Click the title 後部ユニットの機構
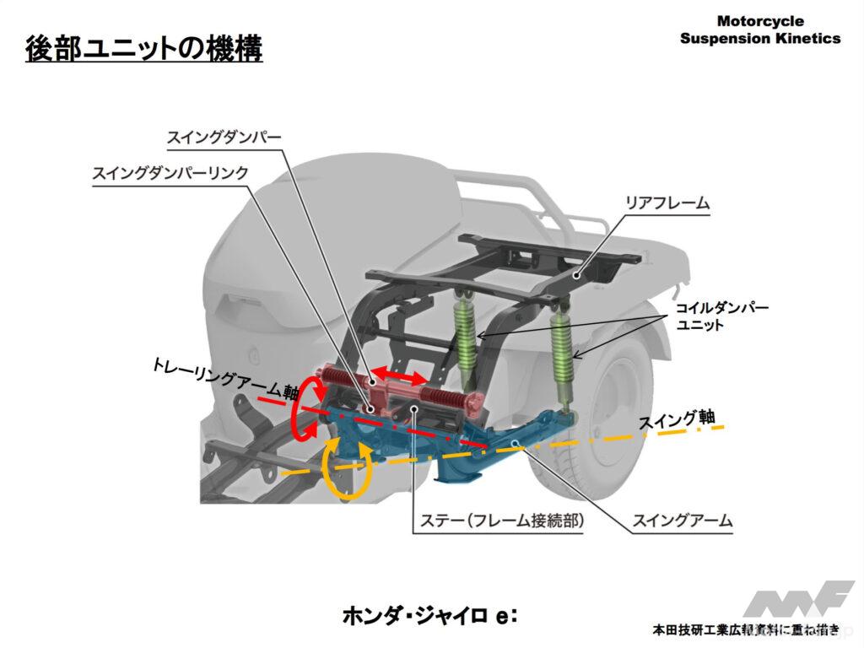(x=143, y=48)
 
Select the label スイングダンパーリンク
(x=170, y=172)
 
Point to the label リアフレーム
(x=667, y=202)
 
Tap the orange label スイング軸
(x=676, y=418)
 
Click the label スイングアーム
(x=683, y=521)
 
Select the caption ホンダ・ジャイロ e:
(x=429, y=614)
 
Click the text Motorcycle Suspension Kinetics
(x=759, y=30)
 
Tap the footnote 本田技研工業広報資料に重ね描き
(x=746, y=629)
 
